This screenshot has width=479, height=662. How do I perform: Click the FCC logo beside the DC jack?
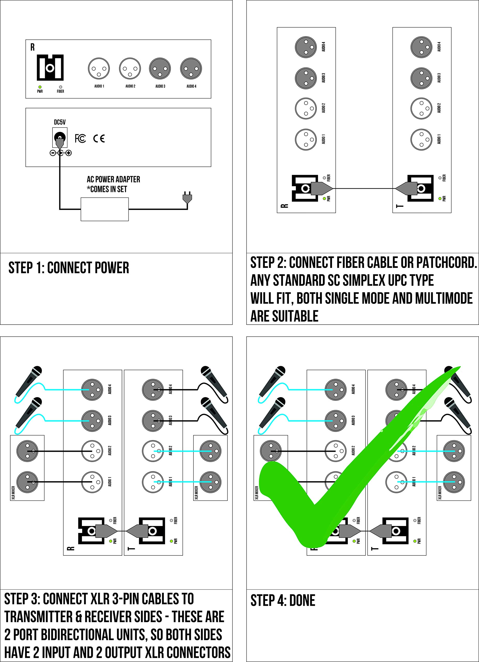80,138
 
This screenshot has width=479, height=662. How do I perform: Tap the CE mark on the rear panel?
99,138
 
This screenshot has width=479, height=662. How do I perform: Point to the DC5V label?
60,122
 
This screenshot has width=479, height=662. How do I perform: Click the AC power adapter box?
104,209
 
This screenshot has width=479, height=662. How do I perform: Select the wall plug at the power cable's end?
187,198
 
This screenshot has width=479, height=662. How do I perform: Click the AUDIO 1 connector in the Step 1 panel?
99,69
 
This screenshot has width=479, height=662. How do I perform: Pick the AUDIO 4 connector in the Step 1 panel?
191,69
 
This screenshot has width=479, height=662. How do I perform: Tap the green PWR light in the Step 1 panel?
40,87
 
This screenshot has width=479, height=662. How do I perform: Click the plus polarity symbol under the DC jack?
68,153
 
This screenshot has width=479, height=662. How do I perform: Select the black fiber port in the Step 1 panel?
50,68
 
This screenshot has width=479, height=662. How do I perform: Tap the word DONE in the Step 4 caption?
302,601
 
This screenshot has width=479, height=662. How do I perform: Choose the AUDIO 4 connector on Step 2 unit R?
306,47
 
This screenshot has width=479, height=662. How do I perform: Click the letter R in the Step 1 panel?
32,47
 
